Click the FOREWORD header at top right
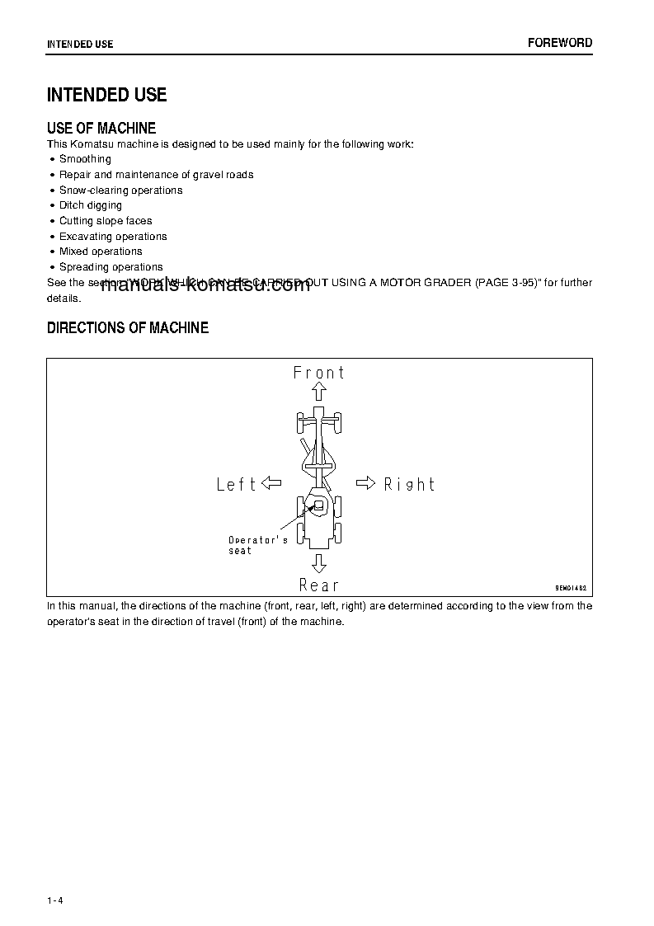pyautogui.click(x=560, y=43)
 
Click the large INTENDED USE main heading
pyautogui.click(x=107, y=95)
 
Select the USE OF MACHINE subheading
pyautogui.click(x=101, y=128)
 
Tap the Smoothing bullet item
pyautogui.click(x=85, y=159)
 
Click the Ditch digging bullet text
pyautogui.click(x=91, y=205)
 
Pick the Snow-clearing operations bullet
pyautogui.click(x=120, y=190)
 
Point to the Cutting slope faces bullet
pyautogui.click(x=106, y=221)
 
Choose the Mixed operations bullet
pyautogui.click(x=101, y=251)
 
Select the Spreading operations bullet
pyautogui.click(x=111, y=267)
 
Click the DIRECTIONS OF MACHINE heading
pyautogui.click(x=128, y=328)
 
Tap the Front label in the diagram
pyautogui.click(x=319, y=373)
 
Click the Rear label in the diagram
pyautogui.click(x=319, y=585)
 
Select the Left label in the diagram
pyautogui.click(x=237, y=484)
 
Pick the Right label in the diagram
pyautogui.click(x=410, y=484)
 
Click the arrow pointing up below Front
pyautogui.click(x=319, y=392)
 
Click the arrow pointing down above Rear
pyautogui.click(x=319, y=563)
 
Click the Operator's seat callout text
pyautogui.click(x=257, y=545)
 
